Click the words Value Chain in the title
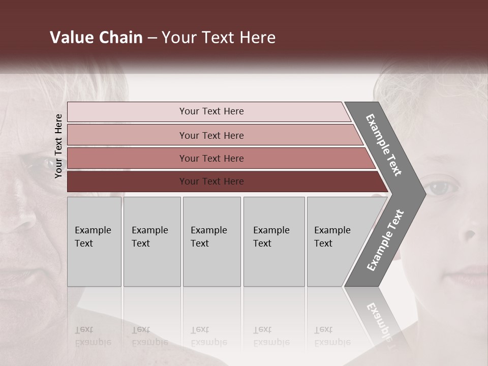point(96,38)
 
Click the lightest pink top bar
point(211,111)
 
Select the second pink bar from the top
point(211,135)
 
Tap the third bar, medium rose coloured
point(211,158)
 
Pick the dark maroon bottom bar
point(211,181)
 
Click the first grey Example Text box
point(94,241)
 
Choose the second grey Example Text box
point(151,241)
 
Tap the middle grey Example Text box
point(211,241)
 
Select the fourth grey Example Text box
point(274,241)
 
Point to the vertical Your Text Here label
point(58,146)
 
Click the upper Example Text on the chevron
point(384,145)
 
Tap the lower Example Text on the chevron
point(385,240)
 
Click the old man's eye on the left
point(49,164)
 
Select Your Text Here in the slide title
point(219,38)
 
